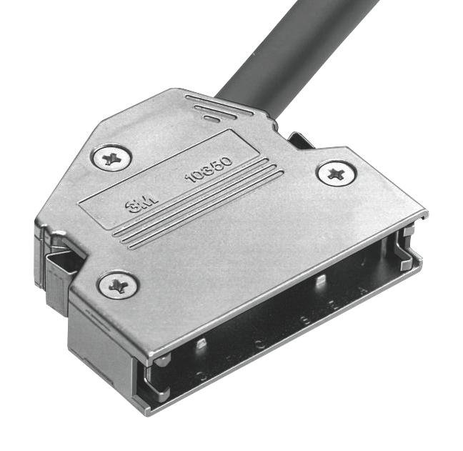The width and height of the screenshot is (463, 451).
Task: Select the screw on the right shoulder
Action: pos(336,173)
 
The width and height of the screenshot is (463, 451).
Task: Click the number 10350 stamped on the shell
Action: pos(208,170)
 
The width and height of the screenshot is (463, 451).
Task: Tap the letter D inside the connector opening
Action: pos(200,375)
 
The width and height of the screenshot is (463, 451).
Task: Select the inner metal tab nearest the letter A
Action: pos(322,279)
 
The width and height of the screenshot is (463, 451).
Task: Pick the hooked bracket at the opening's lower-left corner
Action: pos(154,385)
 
